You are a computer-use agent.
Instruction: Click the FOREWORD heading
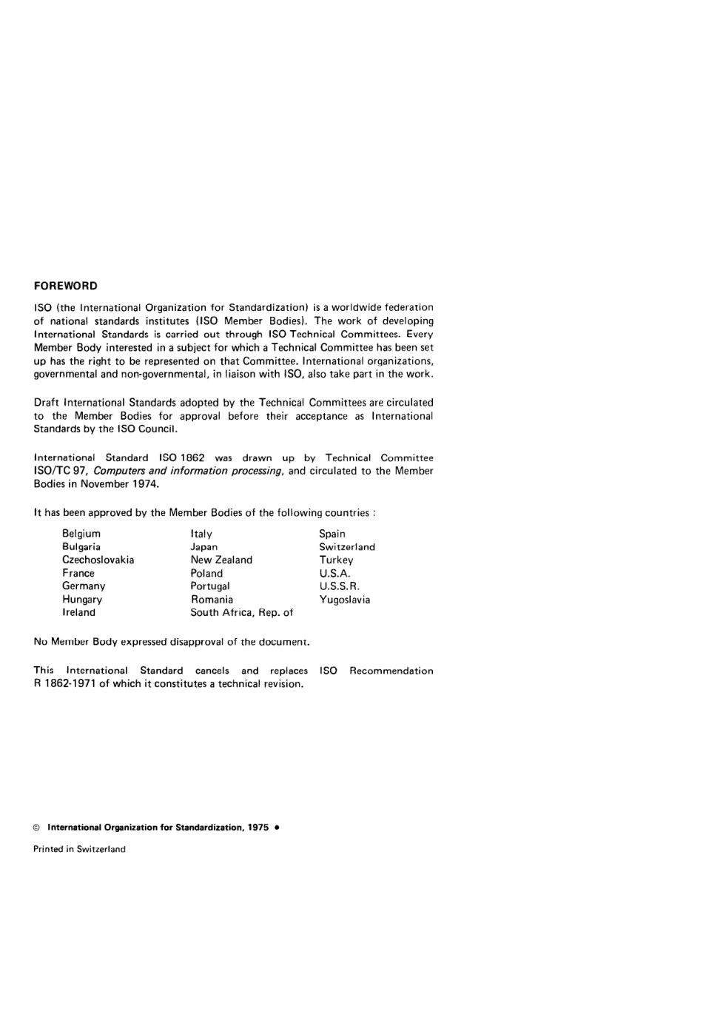point(65,286)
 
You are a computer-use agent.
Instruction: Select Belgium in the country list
point(81,534)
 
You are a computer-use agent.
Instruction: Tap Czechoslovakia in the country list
point(98,560)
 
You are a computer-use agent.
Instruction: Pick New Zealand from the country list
point(221,560)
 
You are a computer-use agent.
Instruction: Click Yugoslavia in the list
point(345,600)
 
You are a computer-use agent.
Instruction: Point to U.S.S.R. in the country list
point(340,586)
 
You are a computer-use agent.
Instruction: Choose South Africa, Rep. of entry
point(241,612)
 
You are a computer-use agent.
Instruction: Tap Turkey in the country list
point(336,560)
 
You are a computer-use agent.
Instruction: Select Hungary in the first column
point(82,600)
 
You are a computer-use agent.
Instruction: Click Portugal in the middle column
point(210,586)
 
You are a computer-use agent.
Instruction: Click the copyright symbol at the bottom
point(36,828)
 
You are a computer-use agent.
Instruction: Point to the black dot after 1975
point(276,827)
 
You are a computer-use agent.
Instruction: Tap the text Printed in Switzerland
point(79,849)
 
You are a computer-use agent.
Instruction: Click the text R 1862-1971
point(65,684)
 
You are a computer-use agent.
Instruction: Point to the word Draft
point(47,403)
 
